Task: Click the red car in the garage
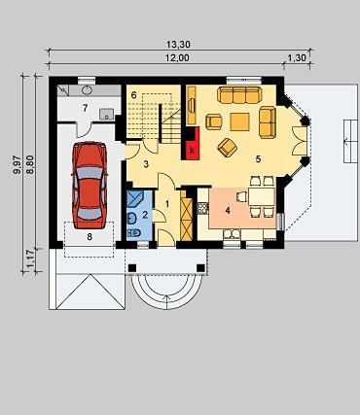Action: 90,185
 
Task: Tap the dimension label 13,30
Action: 178,44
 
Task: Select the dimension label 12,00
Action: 177,58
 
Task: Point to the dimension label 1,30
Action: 297,58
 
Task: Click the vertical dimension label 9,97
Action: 17,165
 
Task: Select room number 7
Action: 85,108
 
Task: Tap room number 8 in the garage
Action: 90,237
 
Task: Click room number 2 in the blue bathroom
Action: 145,214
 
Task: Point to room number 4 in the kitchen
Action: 228,211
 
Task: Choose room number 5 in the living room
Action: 258,159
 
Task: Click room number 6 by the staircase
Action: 133,95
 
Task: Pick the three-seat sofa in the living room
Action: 239,94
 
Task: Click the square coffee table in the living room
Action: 239,121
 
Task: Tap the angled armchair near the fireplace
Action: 227,147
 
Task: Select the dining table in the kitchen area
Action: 262,196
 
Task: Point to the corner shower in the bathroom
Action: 135,198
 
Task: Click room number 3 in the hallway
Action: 146,164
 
